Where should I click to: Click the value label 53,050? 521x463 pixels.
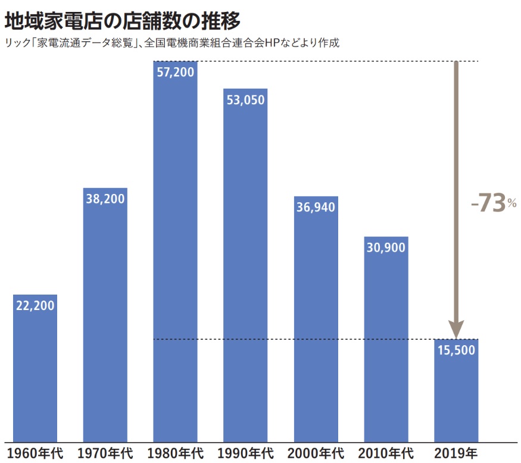coord(245,100)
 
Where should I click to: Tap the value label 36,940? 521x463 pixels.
coord(316,207)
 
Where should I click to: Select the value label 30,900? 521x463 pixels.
coord(386,248)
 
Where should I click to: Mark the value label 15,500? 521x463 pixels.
coord(456,350)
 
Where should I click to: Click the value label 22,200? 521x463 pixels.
coord(35,306)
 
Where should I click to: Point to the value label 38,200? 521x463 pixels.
coord(105,199)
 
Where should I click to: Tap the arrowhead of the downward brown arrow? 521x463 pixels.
coord(456,329)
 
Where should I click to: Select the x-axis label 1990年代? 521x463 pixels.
coord(245,453)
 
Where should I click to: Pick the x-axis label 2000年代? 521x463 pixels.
coord(316,453)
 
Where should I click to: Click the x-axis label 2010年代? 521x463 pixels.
coord(386,453)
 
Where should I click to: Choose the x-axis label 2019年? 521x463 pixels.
coord(456,453)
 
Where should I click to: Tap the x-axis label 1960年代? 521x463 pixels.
coord(35,453)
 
